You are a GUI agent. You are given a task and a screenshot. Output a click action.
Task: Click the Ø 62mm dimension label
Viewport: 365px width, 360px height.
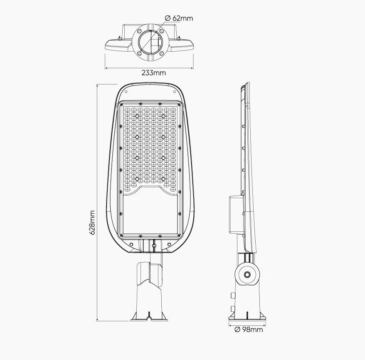179,18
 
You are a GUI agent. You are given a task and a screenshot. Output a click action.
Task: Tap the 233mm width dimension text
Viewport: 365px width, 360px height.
154,73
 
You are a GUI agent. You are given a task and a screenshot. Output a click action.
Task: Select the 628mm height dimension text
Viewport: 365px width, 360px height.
92,223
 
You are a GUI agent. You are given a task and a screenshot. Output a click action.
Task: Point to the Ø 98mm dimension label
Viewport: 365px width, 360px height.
249,330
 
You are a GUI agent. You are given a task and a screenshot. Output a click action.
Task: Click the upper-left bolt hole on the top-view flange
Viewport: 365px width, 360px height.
139,31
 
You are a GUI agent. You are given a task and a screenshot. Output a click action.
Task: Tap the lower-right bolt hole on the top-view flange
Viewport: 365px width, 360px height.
161,54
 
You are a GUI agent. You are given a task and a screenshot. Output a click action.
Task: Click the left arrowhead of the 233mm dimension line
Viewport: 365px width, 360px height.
106,68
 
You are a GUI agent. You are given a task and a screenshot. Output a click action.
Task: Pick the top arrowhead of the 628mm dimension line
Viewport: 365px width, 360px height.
97,85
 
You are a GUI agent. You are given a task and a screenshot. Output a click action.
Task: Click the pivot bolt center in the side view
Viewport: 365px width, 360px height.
247,275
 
